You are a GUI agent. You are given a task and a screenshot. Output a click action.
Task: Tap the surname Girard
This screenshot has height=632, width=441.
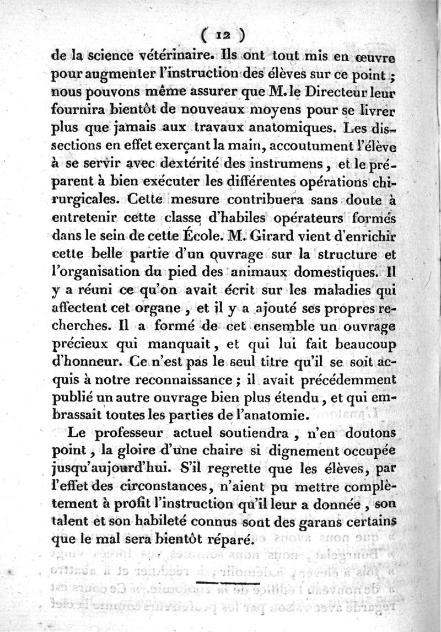click(273, 237)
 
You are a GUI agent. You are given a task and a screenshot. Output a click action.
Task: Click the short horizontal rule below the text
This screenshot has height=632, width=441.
click(227, 582)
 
